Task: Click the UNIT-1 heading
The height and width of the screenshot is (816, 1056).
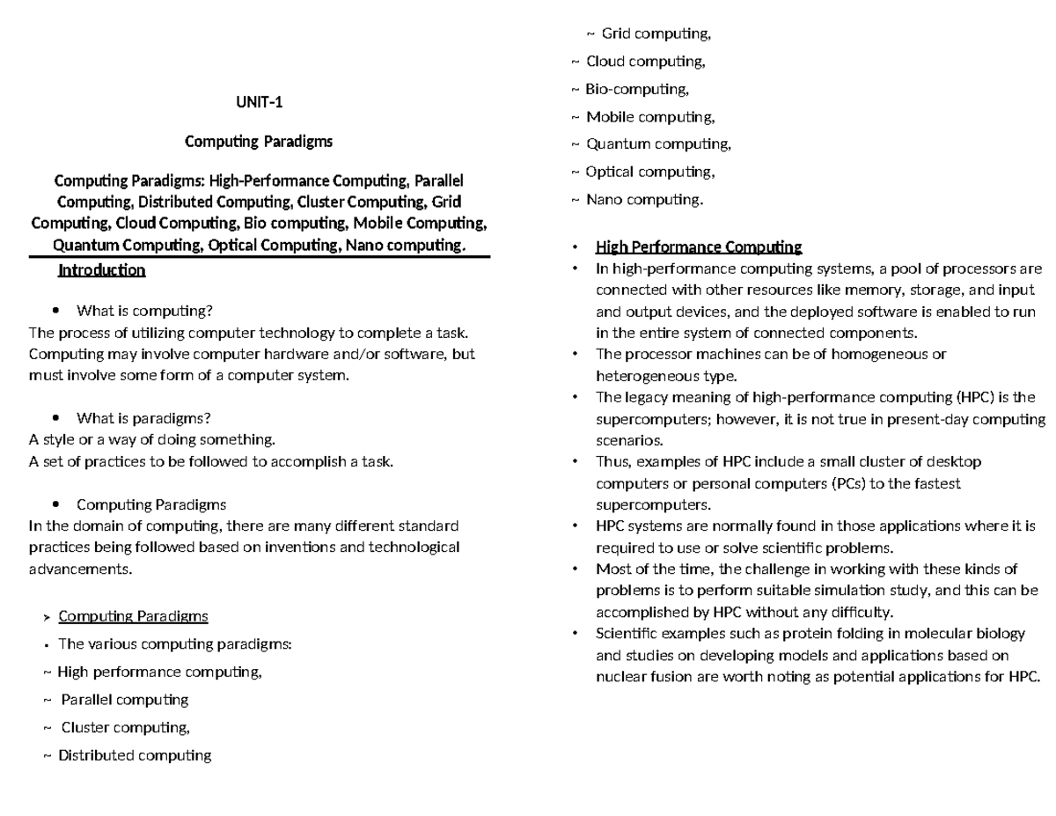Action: (x=259, y=102)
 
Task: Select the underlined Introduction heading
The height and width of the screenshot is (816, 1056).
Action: (x=101, y=270)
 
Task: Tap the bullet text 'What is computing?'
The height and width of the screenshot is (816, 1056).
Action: (x=144, y=310)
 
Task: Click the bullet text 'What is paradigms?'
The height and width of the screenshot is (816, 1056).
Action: (x=143, y=417)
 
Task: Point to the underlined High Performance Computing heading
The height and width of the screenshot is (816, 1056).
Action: (x=699, y=246)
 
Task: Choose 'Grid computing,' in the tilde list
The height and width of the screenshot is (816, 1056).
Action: (x=656, y=33)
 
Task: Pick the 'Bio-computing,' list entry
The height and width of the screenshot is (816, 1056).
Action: (x=637, y=89)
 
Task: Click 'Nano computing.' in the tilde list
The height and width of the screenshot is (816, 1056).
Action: (x=645, y=200)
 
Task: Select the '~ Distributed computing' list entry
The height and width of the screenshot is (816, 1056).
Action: (x=135, y=755)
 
